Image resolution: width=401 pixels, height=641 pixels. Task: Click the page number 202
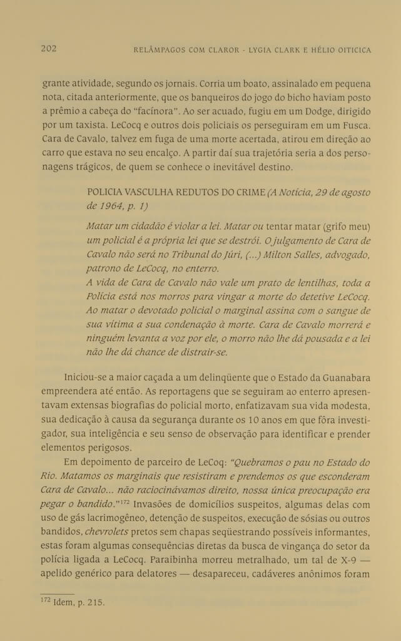click(49, 49)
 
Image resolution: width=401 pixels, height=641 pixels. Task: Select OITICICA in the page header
click(348, 49)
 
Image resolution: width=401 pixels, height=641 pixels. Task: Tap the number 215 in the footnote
click(96, 603)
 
